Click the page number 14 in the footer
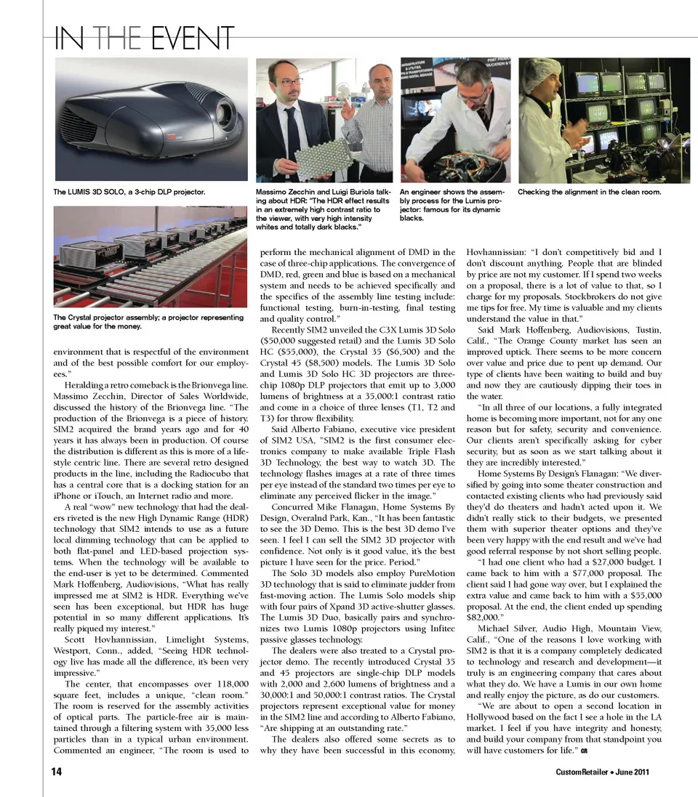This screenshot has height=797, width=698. point(56,772)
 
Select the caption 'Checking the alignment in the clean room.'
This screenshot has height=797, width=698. point(589,192)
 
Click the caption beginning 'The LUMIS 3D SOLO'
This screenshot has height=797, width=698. point(129,193)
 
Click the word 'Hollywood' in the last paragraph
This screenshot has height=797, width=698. point(492,716)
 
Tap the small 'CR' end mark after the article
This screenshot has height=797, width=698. point(584,750)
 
